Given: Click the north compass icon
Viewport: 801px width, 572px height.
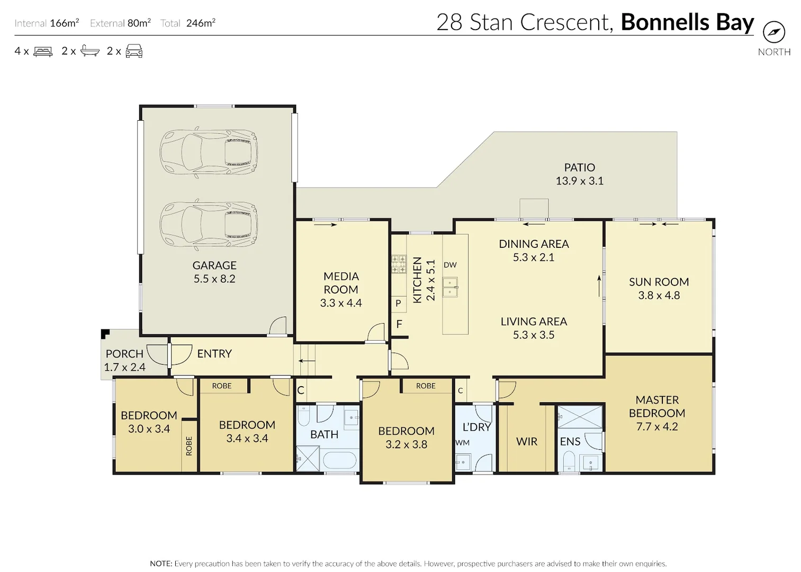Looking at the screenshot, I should tap(774, 32).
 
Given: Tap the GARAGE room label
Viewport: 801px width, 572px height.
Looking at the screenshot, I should tap(214, 265).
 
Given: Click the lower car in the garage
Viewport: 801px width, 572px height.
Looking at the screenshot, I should tap(209, 225).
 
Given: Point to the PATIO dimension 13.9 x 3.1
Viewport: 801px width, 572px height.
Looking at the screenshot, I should tap(579, 181).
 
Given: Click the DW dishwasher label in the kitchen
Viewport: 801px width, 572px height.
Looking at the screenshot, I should tap(450, 265).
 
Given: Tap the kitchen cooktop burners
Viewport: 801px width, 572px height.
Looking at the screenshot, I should tap(399, 264).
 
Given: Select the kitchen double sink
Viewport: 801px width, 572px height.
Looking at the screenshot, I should tap(451, 287).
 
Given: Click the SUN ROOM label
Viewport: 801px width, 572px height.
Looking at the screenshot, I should tap(659, 282).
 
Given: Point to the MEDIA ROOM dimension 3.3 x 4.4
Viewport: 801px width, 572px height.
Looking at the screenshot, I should tap(341, 303).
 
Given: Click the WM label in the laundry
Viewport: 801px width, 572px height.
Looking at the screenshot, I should tap(462, 443).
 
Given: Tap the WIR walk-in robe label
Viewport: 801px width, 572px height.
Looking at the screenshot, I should tap(526, 442).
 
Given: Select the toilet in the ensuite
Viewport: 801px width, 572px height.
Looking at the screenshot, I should tap(569, 460).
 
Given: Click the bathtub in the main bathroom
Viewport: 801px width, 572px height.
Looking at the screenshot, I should tap(340, 460).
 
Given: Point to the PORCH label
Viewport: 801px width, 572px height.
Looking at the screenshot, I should tap(124, 354).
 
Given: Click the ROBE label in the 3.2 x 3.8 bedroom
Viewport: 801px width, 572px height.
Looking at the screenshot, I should tap(426, 386).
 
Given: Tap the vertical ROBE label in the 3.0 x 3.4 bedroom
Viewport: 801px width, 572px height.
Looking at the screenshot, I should tap(189, 446).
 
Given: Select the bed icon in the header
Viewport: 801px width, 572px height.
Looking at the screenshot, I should tap(43, 51).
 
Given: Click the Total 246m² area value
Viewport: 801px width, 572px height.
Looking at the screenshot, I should tap(200, 23).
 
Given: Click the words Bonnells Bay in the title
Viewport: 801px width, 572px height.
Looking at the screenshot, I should tap(687, 22).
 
